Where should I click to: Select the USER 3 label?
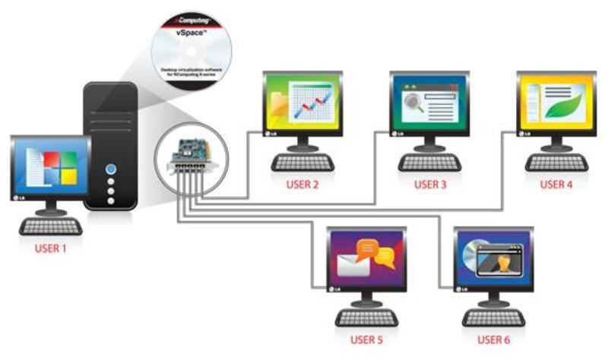click(x=430, y=185)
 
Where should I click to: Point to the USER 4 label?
click(x=557, y=185)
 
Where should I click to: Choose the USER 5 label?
click(x=367, y=339)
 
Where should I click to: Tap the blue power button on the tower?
click(x=112, y=167)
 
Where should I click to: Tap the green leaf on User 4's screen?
click(x=566, y=104)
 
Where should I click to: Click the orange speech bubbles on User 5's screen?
click(x=378, y=254)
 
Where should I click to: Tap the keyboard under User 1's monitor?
click(x=51, y=226)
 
